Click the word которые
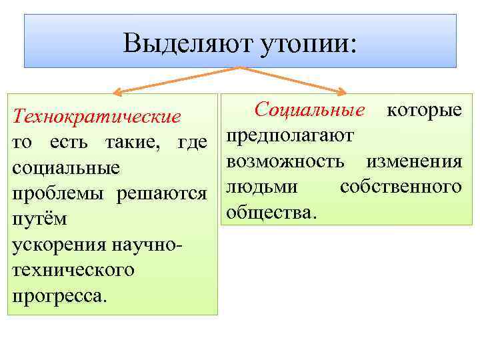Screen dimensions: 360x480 [424, 109]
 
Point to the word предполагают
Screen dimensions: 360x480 [290, 135]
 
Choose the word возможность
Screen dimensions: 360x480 [286, 161]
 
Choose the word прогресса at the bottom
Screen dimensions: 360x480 [56, 296]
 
